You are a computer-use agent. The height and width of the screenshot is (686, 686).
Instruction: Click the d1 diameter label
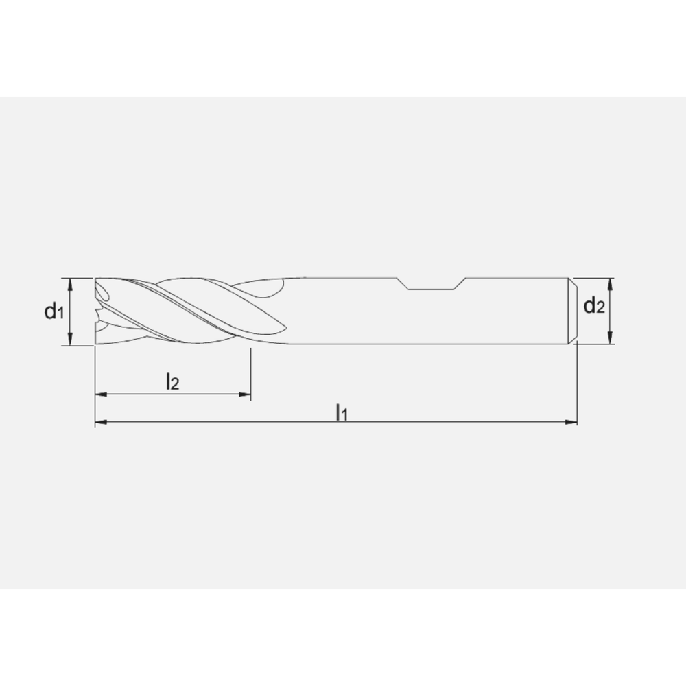[x=54, y=312]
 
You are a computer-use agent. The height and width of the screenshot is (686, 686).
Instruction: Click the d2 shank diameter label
[x=594, y=307]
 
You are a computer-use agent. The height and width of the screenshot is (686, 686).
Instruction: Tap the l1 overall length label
[x=342, y=412]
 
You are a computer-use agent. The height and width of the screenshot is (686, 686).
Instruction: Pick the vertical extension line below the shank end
[x=577, y=384]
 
